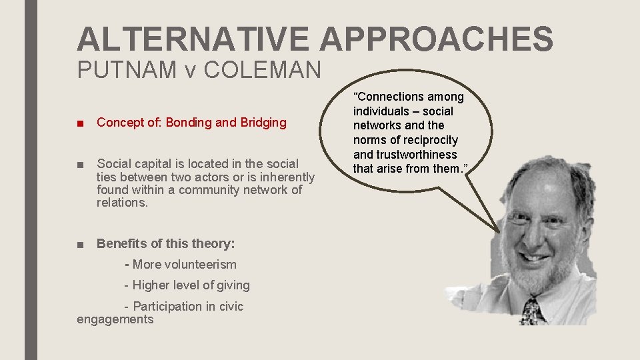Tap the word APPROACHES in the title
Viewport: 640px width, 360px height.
(x=437, y=39)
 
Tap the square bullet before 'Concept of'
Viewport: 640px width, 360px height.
(x=81, y=123)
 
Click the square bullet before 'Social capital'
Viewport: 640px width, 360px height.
(x=81, y=164)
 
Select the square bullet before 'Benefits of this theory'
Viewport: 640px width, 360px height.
(x=81, y=244)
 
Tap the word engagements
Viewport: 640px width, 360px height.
(x=115, y=319)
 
